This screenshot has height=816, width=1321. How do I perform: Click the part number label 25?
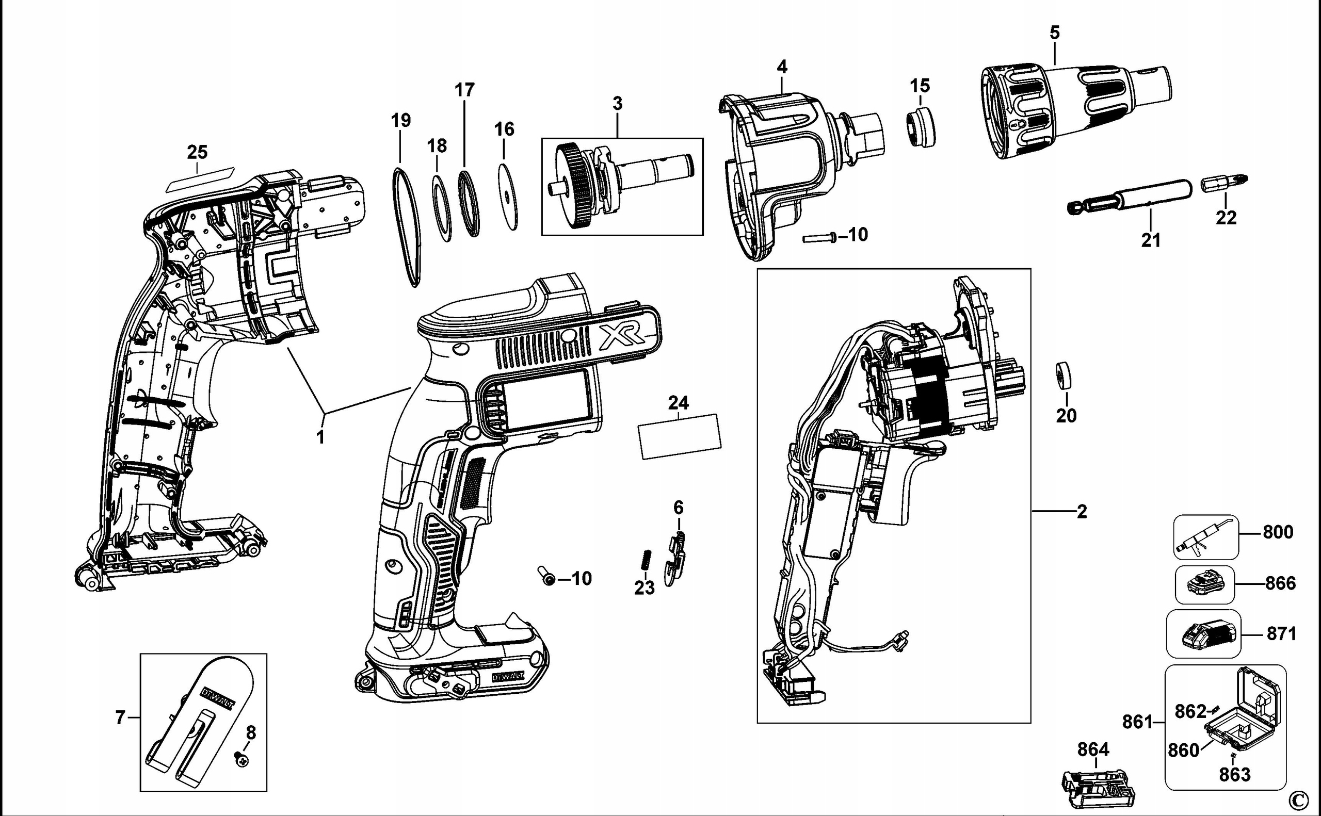[197, 152]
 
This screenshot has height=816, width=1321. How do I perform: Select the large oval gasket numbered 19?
[406, 226]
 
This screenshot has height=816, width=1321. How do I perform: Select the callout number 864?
[1093, 749]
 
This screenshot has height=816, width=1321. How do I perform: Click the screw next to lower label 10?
[547, 578]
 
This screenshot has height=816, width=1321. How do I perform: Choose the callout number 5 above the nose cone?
[1054, 33]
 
